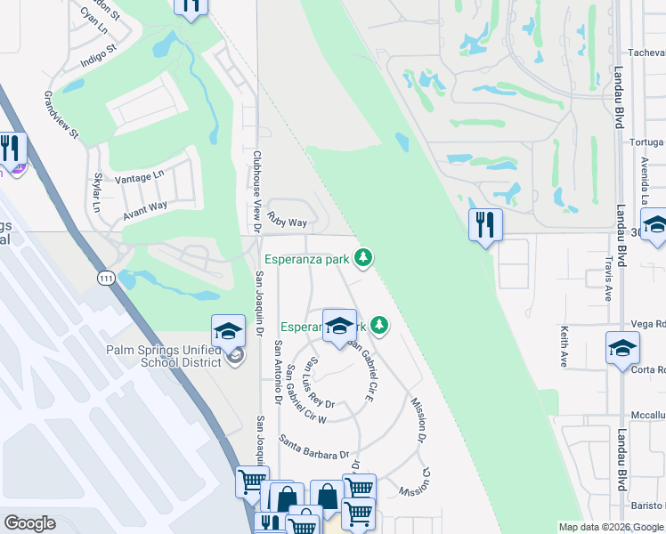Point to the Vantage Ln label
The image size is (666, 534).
[x=140, y=178]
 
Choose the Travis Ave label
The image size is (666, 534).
[x=608, y=279]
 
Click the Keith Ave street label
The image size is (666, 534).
[x=564, y=346]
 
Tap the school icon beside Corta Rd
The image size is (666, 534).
[x=622, y=349]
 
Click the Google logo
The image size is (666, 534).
[x=29, y=523]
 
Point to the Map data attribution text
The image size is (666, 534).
[x=611, y=527]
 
